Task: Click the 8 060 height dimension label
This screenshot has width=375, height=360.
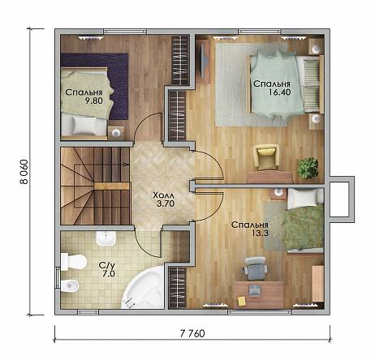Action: (24, 172)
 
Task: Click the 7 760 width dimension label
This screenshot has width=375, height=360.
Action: (192, 333)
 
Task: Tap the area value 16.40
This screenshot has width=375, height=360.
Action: (279, 92)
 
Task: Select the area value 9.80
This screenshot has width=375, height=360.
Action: (94, 101)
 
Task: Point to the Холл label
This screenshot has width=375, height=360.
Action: (164, 195)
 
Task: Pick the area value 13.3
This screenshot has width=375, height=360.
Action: (260, 233)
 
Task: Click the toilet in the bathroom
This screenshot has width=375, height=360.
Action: (73, 261)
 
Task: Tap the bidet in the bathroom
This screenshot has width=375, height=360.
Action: (70, 285)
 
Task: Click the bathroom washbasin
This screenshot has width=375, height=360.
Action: (106, 238)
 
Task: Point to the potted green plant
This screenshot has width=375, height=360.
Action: (308, 168)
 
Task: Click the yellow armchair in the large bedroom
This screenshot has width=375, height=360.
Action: (266, 157)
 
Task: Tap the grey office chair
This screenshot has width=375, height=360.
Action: (255, 268)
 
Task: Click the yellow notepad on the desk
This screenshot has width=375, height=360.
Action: (242, 301)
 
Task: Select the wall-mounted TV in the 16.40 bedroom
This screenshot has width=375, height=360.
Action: (204, 60)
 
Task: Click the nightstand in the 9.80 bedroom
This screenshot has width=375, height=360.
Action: (116, 133)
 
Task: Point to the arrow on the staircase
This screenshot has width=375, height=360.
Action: (126, 164)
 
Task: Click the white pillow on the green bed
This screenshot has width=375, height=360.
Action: (301, 199)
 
